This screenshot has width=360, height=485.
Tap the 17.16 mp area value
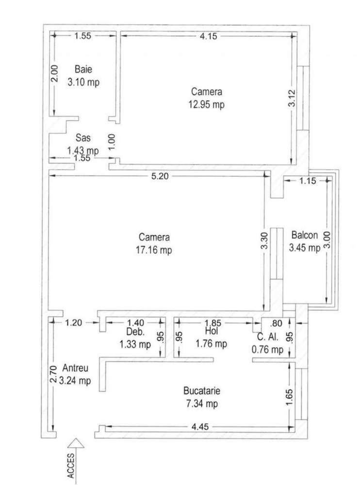point(154,250)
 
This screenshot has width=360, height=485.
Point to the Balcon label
point(304,236)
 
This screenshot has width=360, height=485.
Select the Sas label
point(82,138)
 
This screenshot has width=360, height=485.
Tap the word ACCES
point(71,468)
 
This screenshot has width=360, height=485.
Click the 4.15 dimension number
point(208,35)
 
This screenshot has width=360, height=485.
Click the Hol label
point(211,332)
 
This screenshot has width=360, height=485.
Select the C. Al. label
point(267,338)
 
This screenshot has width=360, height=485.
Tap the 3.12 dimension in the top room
point(291,99)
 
